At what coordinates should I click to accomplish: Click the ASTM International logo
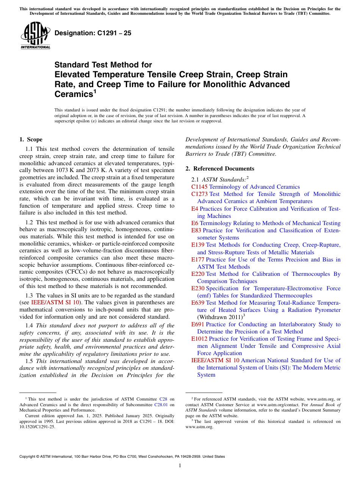click(x=35, y=36)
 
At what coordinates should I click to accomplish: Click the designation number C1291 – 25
click(x=93, y=33)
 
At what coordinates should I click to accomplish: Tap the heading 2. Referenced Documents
click(x=220, y=169)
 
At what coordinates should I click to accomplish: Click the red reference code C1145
click(x=199, y=187)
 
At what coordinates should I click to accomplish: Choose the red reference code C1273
click(x=199, y=194)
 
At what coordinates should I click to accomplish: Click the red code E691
click(x=198, y=324)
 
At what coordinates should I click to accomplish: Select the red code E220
click(x=198, y=274)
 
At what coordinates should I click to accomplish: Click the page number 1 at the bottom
click(x=180, y=466)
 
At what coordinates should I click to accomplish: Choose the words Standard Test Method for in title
click(x=103, y=65)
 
